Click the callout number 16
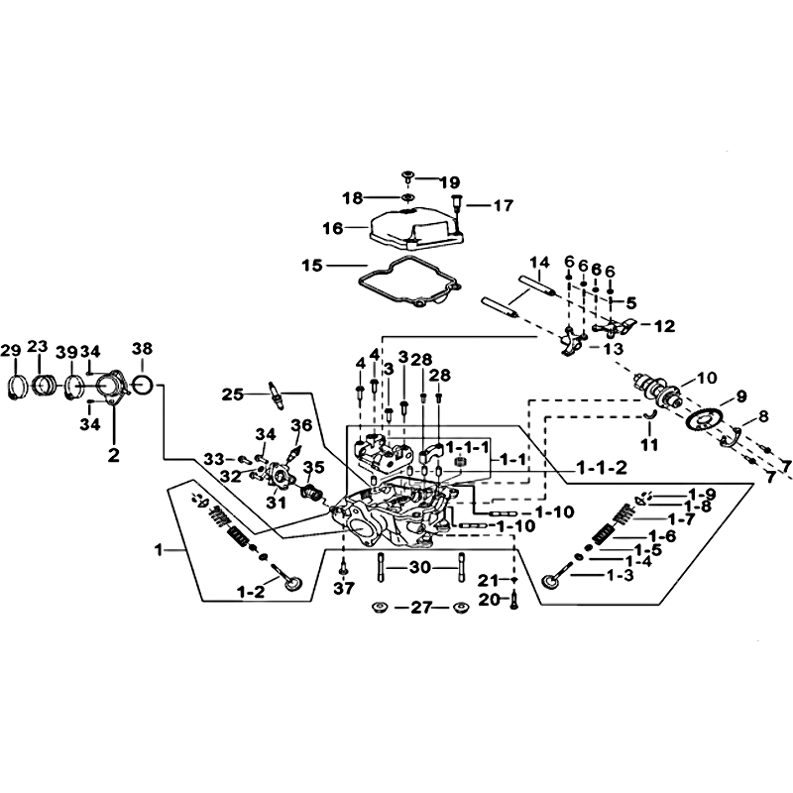point(333,229)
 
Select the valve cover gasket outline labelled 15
point(361,279)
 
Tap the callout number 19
point(450,182)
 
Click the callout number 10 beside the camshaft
point(707,378)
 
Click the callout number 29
point(11,351)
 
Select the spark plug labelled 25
point(279,394)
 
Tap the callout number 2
point(114,455)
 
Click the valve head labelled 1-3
point(549,582)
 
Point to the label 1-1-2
point(602,468)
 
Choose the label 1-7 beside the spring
point(681,518)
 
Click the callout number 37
point(344,588)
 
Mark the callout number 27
point(420,607)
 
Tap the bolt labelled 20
point(514,601)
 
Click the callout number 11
point(649,444)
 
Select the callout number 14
point(539,263)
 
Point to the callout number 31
point(277,504)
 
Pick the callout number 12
point(665,326)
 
